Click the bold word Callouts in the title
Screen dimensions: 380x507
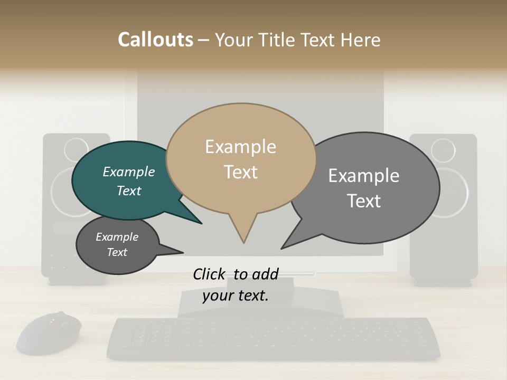pyautogui.click(x=155, y=40)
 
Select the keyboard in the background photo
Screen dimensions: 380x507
pyautogui.click(x=273, y=338)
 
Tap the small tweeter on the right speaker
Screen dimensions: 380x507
pyautogui.click(x=443, y=150)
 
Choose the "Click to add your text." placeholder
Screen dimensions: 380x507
pyautogui.click(x=236, y=284)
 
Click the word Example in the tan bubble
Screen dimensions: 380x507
pyautogui.click(x=240, y=147)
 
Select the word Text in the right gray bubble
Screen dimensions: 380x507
pyautogui.click(x=364, y=201)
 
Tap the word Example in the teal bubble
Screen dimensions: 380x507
pyautogui.click(x=129, y=172)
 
